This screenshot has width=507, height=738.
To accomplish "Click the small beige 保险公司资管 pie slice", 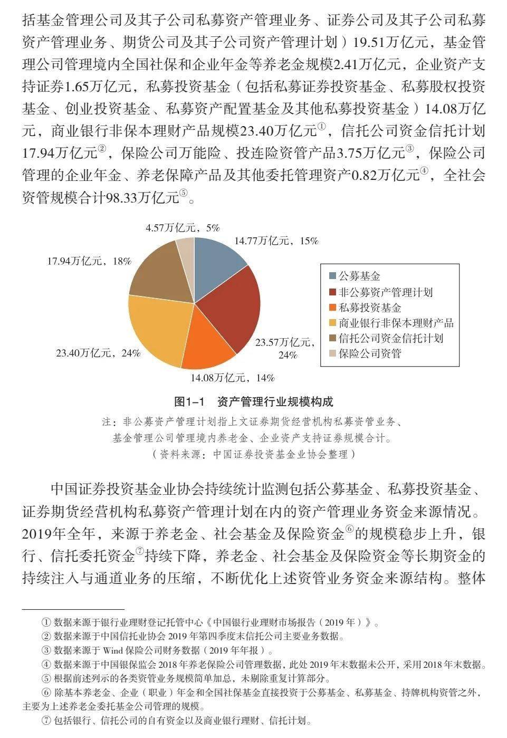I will [186, 251].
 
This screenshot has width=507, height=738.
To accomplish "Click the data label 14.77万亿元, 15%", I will [276, 241].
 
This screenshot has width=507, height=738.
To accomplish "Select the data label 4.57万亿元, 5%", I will [183, 228].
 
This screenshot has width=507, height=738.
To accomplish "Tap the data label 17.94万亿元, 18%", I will [89, 261].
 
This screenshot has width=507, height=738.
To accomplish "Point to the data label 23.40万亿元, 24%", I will [98, 353].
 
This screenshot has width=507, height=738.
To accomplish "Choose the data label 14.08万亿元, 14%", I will [233, 378].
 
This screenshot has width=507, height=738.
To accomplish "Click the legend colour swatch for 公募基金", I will [332, 276].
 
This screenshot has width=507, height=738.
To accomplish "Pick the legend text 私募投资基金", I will [370, 308].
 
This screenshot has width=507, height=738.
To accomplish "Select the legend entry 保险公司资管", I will [370, 353].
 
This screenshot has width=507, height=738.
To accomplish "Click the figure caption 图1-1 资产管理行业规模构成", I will [254, 402].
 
